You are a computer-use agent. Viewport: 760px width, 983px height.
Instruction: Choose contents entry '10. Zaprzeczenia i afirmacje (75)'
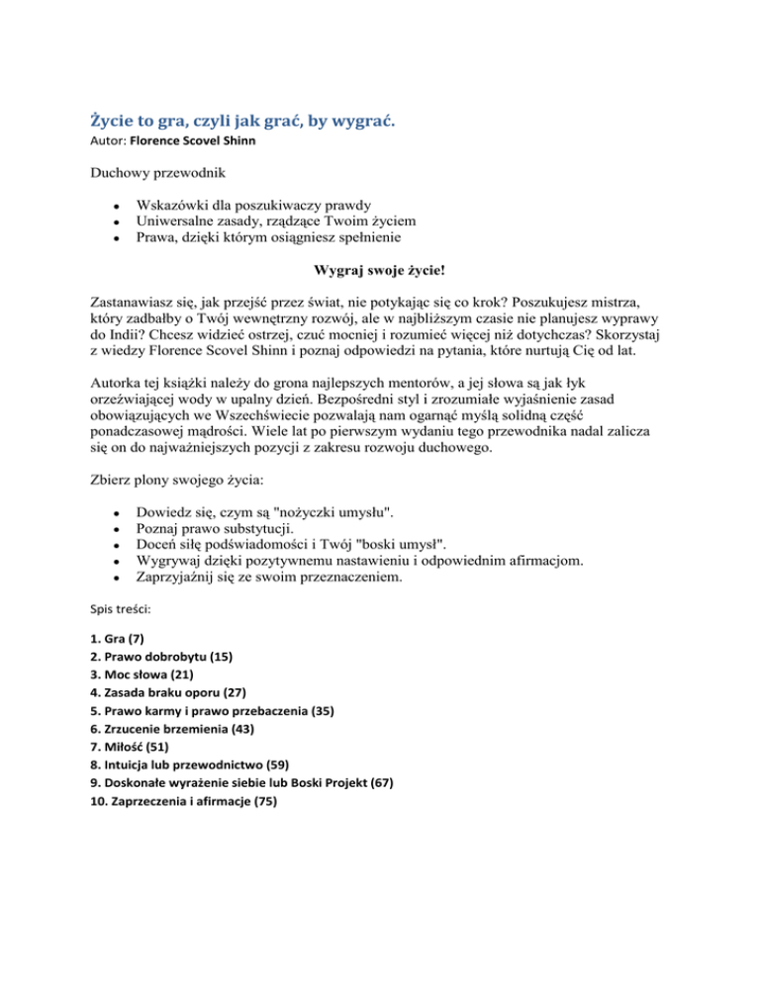click(184, 801)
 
